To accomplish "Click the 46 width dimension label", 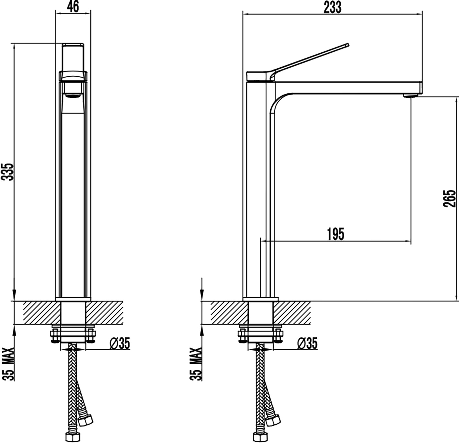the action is (x=73, y=7).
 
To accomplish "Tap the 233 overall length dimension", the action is (x=332, y=7).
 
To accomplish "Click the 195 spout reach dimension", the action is (x=336, y=234).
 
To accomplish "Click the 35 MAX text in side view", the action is (x=196, y=364).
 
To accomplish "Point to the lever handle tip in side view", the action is (x=348, y=44).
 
